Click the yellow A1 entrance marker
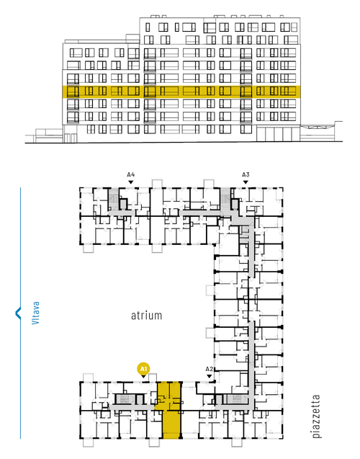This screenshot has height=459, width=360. (x=143, y=368)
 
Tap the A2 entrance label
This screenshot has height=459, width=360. (x=209, y=368)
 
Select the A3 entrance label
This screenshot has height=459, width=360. (x=246, y=174)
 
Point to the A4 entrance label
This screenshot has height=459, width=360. (x=131, y=174)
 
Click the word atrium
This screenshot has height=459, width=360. (x=146, y=316)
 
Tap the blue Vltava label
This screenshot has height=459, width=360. (x=36, y=313)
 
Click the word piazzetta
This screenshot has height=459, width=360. (x=316, y=416)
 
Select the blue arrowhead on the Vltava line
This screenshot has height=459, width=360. (x=18, y=313)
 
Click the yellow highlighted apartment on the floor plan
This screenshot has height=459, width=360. (x=169, y=410)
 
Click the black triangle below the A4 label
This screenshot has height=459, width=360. (x=131, y=182)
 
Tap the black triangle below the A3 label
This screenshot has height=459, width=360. (x=246, y=182)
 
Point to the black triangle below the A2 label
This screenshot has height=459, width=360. (x=209, y=376)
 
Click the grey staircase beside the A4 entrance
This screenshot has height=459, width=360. (x=113, y=199)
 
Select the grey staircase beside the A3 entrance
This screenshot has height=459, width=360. (x=225, y=199)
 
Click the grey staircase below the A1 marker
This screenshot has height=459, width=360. (x=125, y=399)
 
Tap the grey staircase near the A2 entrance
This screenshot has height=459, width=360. (x=237, y=399)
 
